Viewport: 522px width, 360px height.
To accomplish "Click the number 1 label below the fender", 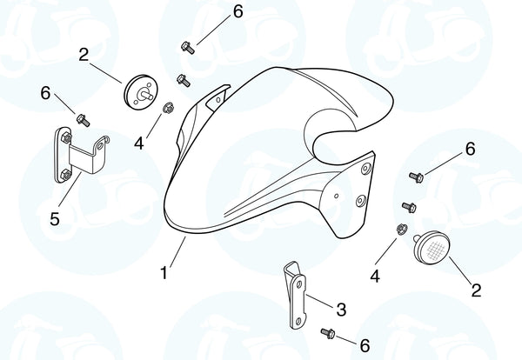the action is click(x=164, y=273).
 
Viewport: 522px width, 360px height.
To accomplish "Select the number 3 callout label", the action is click(x=341, y=309).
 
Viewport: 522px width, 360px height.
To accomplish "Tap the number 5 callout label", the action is click(x=55, y=219).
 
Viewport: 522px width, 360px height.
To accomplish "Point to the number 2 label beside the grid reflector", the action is click(x=476, y=290).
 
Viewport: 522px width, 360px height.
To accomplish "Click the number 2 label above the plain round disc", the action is click(x=84, y=55).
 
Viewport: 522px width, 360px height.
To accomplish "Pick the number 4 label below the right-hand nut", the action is click(x=375, y=277).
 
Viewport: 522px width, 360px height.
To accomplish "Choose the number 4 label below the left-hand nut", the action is click(x=139, y=143).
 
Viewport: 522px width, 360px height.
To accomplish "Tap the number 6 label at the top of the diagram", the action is click(x=238, y=11).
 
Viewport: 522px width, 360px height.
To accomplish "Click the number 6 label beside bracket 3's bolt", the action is click(x=365, y=346).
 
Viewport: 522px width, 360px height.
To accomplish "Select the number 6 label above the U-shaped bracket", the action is click(x=45, y=93).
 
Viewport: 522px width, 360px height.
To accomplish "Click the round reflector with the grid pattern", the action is click(x=432, y=246).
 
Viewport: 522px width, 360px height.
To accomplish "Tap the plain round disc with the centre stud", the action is click(x=140, y=92).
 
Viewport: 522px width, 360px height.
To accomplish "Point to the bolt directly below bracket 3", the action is click(x=328, y=333).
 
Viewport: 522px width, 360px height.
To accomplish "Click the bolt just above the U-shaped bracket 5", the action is click(x=83, y=120).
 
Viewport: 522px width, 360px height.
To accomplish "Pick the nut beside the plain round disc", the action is click(x=168, y=108).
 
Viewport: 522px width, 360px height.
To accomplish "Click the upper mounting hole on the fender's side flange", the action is click(x=366, y=169).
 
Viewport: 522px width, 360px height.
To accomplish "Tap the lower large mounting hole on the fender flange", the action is click(x=361, y=201).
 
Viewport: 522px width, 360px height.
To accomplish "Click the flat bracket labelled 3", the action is click(x=294, y=296).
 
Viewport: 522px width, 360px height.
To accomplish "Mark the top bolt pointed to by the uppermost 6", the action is click(x=188, y=47).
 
